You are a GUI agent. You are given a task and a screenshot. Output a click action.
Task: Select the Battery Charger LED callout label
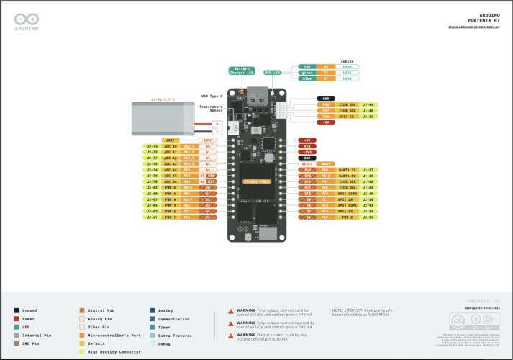click(241, 71)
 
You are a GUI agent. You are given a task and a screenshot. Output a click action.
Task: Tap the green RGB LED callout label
click(307, 72)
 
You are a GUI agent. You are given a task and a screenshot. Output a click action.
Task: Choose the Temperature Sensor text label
click(211, 109)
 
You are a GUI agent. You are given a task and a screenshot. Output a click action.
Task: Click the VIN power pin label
click(307, 145)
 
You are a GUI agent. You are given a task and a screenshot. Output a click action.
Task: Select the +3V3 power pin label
click(307, 152)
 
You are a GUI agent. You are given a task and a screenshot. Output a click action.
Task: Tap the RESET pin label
click(307, 163)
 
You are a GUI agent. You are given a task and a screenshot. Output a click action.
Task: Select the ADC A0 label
click(170, 146)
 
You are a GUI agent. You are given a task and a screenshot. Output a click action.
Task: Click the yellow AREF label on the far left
click(170, 140)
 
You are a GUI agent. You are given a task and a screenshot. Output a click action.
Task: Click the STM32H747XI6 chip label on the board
click(256, 180)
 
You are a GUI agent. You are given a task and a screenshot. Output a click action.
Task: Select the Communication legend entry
click(173, 318)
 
